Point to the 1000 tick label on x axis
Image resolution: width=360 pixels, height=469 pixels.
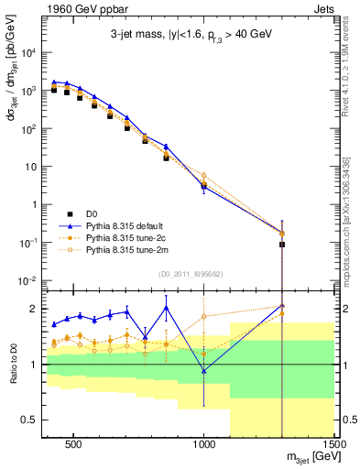click(x=204, y=449)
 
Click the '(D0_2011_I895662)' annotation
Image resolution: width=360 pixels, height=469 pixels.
click(x=191, y=273)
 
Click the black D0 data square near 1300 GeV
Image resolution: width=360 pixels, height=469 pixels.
click(x=282, y=245)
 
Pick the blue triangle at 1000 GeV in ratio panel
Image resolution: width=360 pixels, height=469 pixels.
click(x=204, y=371)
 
